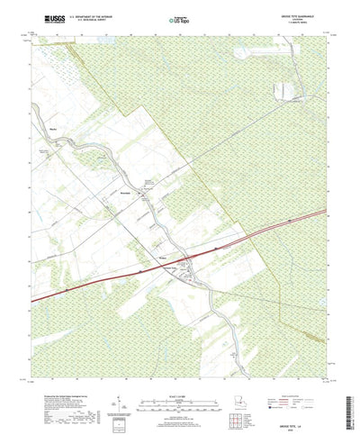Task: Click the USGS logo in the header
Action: tap(42, 16)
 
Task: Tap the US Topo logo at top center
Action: tap(179, 17)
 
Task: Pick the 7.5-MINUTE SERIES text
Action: tap(297, 22)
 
